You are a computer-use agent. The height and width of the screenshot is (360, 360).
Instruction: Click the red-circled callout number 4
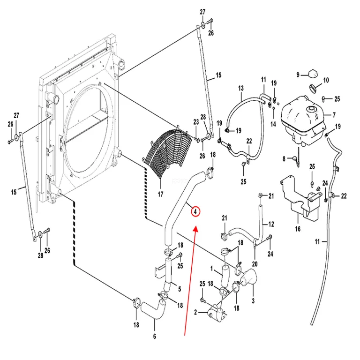[195, 211]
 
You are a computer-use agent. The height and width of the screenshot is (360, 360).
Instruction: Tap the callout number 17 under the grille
[160, 194]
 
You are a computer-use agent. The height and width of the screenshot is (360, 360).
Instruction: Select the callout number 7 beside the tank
[334, 115]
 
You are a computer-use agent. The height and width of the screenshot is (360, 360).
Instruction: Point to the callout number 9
[298, 75]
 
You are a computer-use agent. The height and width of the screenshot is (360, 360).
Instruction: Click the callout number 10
[326, 80]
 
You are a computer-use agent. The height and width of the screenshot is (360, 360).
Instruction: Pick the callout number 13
[241, 88]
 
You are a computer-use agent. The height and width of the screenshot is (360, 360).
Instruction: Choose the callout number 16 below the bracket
[298, 229]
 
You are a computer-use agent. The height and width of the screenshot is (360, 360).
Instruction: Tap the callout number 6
[155, 337]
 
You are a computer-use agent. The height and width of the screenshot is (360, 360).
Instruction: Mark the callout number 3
[253, 301]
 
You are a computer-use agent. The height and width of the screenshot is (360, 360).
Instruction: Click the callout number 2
[195, 312]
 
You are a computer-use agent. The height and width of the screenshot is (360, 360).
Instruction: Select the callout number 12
[271, 224]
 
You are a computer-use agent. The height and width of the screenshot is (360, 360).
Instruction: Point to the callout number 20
[255, 264]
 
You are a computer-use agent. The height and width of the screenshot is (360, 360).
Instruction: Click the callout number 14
[273, 124]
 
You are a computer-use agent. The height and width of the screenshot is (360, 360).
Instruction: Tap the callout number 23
[196, 122]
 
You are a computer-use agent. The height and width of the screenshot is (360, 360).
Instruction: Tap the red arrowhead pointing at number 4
[195, 228]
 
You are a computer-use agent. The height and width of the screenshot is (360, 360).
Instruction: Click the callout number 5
[180, 289]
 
